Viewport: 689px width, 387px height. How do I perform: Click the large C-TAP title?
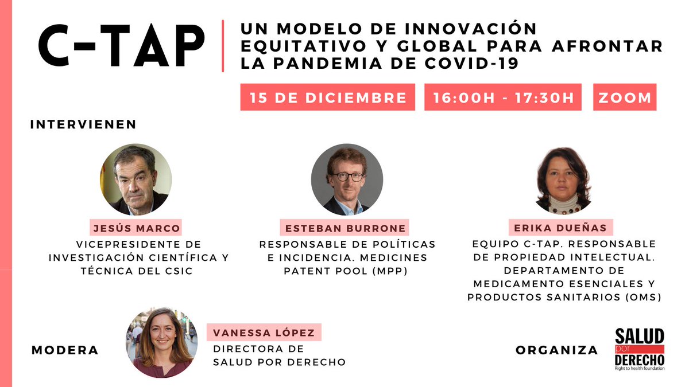[x=121, y=45]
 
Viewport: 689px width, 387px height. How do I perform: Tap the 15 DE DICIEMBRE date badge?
[x=328, y=97]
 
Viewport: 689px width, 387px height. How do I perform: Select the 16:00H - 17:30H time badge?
[x=503, y=97]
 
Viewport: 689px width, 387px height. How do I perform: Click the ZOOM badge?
[x=625, y=97]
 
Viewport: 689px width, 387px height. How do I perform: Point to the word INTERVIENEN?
[x=83, y=124]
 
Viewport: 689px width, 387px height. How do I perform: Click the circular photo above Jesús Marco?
[x=136, y=179]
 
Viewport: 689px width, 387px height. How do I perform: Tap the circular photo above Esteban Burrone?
[x=346, y=179]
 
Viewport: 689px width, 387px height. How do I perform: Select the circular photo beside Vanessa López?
[x=161, y=342]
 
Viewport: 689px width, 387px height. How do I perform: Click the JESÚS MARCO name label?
[x=136, y=228]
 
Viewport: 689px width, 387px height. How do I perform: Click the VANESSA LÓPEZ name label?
[x=264, y=333]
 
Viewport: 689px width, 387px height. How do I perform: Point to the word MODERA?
[x=65, y=350]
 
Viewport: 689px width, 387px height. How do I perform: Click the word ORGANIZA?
[x=556, y=350]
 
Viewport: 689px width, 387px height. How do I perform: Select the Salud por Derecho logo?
[x=639, y=349]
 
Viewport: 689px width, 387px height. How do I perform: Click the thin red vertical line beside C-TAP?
[x=223, y=46]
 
